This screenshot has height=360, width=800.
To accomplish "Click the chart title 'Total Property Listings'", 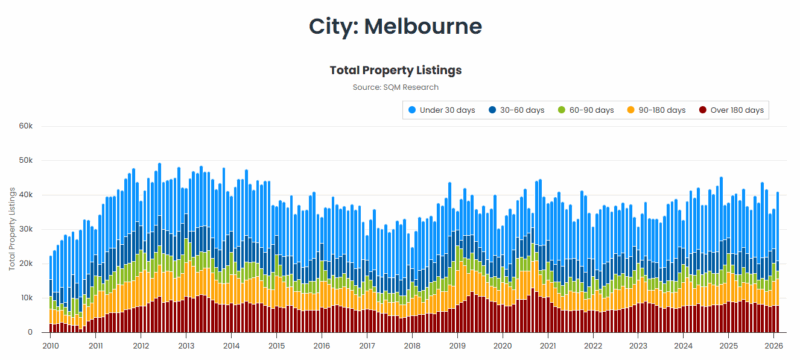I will [x=395, y=71].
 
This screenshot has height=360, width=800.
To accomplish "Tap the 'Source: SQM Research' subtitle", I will [x=395, y=88].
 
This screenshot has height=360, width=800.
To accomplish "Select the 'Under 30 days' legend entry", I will [x=446, y=109].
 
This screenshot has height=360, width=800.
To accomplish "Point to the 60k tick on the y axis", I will [x=26, y=126].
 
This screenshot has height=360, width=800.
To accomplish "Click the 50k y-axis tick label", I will [x=26, y=160].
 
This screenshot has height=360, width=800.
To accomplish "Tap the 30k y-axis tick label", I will [x=26, y=229].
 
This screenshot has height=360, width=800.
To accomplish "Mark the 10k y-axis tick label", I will [x=26, y=298].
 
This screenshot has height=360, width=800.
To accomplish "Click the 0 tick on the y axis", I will [x=31, y=332].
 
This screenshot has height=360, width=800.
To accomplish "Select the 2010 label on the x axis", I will [x=50, y=345].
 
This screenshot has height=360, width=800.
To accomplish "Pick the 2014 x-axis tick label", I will [x=231, y=345].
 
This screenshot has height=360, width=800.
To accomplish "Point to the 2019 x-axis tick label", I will [x=457, y=345].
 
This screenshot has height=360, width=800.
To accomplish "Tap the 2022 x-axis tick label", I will [x=593, y=345].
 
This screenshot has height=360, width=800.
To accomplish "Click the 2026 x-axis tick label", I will [x=774, y=345].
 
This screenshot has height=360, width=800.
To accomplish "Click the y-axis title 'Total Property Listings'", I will [x=11, y=229].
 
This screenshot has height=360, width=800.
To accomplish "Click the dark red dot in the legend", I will [x=704, y=109].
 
